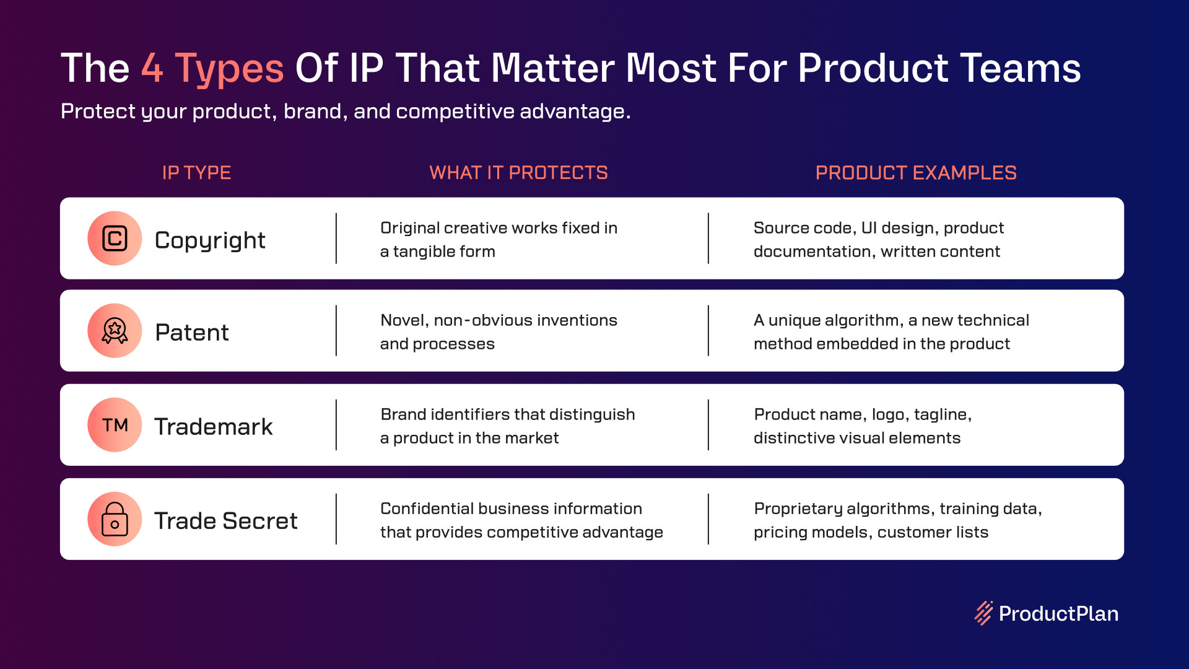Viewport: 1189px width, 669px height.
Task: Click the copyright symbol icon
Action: click(x=115, y=238)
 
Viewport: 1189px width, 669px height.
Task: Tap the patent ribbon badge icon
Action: click(x=115, y=331)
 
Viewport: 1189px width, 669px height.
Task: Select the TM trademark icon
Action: click(x=115, y=425)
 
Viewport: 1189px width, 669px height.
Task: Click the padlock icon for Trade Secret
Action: click(x=115, y=519)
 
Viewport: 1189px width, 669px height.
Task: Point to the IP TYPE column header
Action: click(x=196, y=173)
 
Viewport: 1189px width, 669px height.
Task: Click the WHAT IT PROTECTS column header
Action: click(x=519, y=173)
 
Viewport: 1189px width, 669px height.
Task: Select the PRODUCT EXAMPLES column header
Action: click(x=916, y=173)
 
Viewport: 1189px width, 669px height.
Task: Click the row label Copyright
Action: click(x=210, y=240)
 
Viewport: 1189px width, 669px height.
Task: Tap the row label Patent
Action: click(x=192, y=333)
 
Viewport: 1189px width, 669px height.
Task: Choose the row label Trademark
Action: click(x=214, y=427)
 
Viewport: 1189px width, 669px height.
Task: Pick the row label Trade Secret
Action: click(x=226, y=521)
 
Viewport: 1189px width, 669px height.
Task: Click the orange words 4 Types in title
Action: click(x=212, y=69)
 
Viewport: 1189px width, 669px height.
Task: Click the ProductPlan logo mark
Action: click(x=984, y=613)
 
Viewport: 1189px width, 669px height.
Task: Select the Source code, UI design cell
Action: click(x=879, y=240)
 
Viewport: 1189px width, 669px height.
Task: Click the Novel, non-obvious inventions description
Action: click(x=499, y=332)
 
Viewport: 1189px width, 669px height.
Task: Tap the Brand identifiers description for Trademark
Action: click(x=508, y=426)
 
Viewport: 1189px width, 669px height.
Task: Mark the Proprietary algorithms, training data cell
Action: click(x=898, y=520)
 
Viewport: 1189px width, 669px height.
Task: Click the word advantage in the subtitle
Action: click(x=575, y=111)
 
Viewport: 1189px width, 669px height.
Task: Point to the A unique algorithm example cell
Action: click(x=891, y=332)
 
